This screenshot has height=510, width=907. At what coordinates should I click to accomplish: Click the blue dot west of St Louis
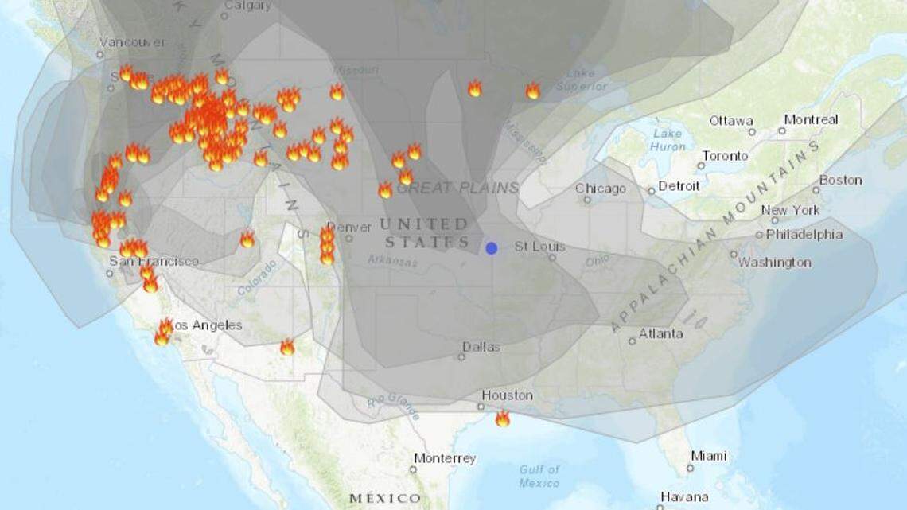point(492,248)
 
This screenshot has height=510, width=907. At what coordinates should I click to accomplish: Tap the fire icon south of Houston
point(502,419)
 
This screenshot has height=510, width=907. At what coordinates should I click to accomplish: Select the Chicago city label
point(600,189)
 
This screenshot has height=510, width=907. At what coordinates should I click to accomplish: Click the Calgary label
point(247,6)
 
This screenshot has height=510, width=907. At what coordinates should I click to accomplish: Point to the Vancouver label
point(133,42)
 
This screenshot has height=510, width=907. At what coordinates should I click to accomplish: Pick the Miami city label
point(708,456)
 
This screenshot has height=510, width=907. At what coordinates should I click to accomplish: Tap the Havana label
point(684,496)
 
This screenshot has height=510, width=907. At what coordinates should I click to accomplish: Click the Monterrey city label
point(444,458)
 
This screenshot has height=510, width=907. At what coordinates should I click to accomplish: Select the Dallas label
point(481,347)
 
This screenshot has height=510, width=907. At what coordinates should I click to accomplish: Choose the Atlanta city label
point(660,333)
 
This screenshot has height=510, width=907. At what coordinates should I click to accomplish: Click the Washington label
point(774,263)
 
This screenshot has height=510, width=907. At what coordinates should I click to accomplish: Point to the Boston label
point(840,180)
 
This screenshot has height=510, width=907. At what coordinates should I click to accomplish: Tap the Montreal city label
point(811,120)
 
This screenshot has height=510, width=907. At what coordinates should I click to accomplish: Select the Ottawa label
point(731,121)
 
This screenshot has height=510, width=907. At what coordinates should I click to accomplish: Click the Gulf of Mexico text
point(539,477)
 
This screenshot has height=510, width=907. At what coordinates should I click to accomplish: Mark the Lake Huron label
point(668,140)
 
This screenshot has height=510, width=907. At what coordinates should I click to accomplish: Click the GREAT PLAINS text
point(457,189)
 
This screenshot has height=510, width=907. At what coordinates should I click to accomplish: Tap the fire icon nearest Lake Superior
point(532,91)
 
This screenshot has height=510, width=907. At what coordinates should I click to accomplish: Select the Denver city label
point(349,228)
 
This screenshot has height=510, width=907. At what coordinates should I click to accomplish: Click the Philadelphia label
point(804,235)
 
